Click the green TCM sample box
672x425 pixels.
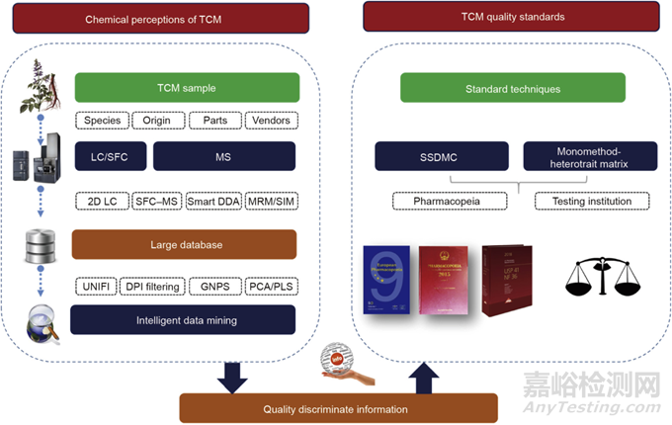click(x=184, y=88)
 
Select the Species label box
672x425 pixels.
click(x=102, y=122)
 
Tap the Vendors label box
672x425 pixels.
click(x=266, y=122)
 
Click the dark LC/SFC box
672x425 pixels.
click(x=110, y=155)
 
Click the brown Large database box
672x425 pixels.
click(x=184, y=245)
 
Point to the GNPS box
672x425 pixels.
click(x=210, y=286)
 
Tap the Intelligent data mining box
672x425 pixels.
click(x=184, y=318)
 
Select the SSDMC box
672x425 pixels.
click(x=441, y=156)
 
